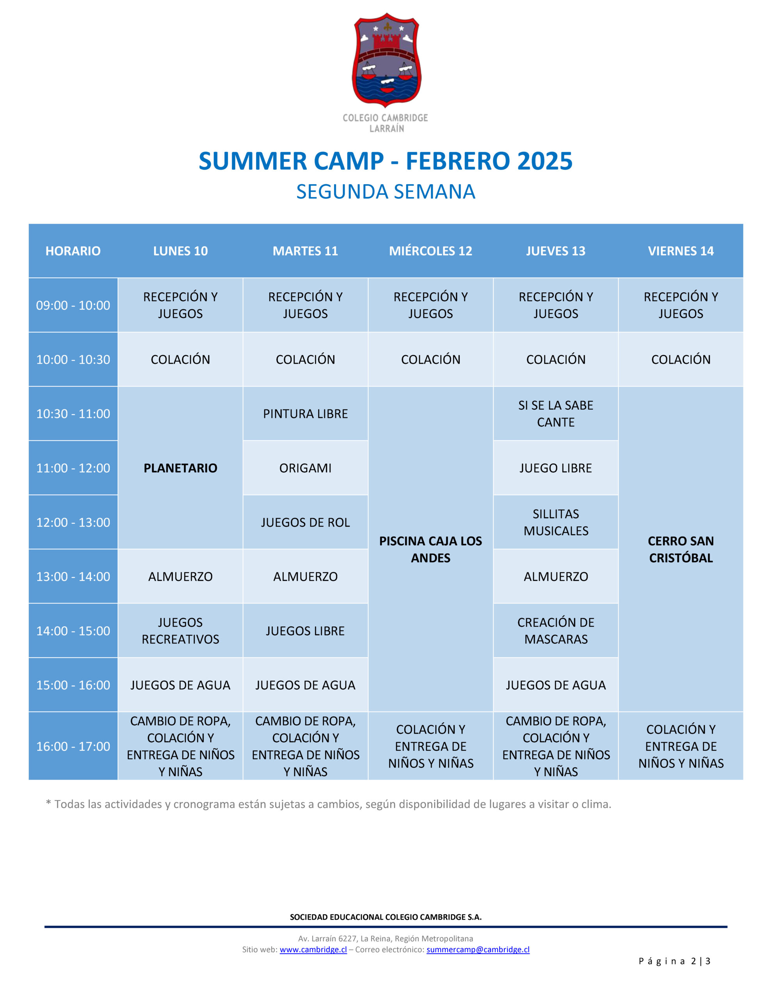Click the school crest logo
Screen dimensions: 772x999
pyautogui.click(x=386, y=60)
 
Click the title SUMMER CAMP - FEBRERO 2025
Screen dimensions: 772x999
pyautogui.click(x=385, y=161)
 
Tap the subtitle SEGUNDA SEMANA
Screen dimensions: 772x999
pyautogui.click(x=386, y=192)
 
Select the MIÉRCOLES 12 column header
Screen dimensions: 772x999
pyautogui.click(x=430, y=251)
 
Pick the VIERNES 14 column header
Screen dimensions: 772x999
pyautogui.click(x=681, y=251)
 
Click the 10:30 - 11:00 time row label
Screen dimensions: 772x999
pyautogui.click(x=73, y=414)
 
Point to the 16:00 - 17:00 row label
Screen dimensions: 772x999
pyautogui.click(x=73, y=746)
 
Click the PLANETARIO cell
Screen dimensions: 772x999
pyautogui.click(x=180, y=468)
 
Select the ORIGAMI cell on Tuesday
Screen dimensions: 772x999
pyautogui.click(x=305, y=468)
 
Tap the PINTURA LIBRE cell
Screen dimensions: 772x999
pyautogui.click(x=305, y=414)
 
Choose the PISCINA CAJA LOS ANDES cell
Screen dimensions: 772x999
pyautogui.click(x=430, y=549)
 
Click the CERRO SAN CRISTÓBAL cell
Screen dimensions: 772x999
pyautogui.click(x=681, y=549)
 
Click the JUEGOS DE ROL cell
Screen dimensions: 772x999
pyautogui.click(x=305, y=522)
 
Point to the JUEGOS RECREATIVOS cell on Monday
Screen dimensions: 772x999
pyautogui.click(x=180, y=630)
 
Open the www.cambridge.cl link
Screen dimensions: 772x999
pyautogui.click(x=313, y=949)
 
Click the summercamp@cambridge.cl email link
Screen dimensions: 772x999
pyautogui.click(x=478, y=949)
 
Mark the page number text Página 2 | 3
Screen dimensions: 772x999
pyautogui.click(x=674, y=961)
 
